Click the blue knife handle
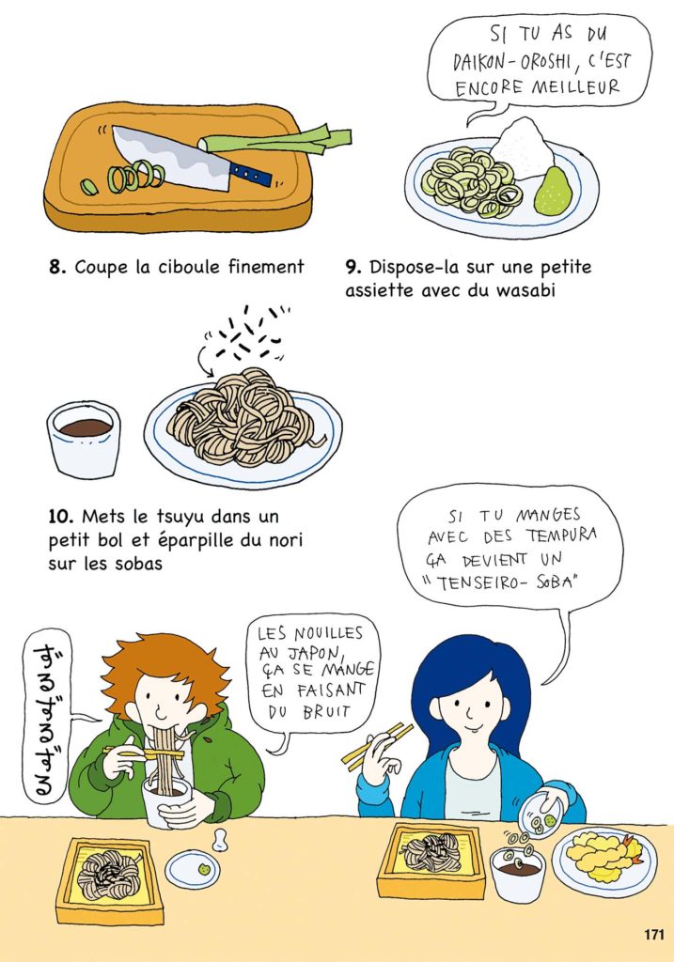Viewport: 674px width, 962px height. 250,174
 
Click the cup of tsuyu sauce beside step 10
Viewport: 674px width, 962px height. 84,440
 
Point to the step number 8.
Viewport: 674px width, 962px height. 57,268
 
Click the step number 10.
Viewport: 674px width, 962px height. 61,517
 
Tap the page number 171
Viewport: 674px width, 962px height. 654,935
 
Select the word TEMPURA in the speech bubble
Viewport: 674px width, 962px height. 560,535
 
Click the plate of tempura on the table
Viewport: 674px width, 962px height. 603,861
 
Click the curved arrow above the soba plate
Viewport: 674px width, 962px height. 203,362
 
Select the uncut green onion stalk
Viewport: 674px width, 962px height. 275,141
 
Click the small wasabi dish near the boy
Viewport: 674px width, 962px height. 192,869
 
